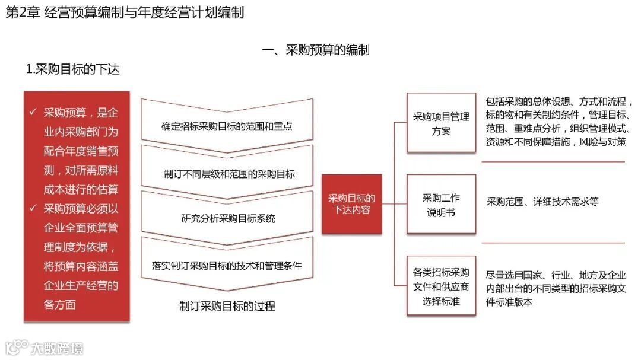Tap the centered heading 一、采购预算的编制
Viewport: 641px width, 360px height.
point(316,50)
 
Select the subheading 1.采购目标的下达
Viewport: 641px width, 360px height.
point(73,69)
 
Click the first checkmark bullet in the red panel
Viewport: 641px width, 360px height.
point(34,113)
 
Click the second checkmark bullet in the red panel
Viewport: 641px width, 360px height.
point(34,208)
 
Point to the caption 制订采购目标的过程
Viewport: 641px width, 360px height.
point(227,306)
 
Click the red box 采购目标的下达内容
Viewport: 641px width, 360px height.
point(351,203)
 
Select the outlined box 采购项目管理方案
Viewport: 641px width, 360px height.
point(441,123)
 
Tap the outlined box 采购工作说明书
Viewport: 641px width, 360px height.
point(441,204)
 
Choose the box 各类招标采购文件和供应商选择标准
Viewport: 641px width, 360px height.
point(441,286)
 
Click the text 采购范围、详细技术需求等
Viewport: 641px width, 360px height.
point(542,202)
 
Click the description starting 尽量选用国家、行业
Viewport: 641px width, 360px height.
point(556,288)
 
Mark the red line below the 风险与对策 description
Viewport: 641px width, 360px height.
point(553,161)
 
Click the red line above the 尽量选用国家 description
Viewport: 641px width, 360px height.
point(553,243)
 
